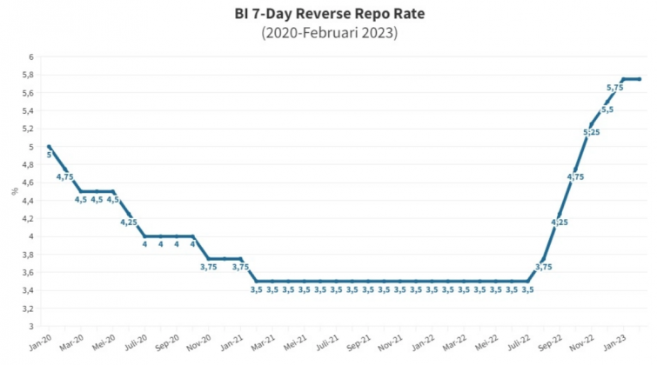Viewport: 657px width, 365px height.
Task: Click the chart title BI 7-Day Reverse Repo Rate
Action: point(329,15)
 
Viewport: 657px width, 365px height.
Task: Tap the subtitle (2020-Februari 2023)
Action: point(329,34)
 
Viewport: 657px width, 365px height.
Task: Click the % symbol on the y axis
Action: point(15,190)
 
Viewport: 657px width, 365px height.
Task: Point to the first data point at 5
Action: point(49,147)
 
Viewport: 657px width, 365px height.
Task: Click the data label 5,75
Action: point(614,87)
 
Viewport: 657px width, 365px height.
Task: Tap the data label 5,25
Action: point(590,132)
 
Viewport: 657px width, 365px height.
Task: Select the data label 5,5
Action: point(607,109)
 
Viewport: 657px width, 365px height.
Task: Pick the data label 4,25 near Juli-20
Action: point(129,222)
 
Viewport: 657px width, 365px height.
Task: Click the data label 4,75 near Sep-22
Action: point(575,177)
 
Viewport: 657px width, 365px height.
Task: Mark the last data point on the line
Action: point(640,79)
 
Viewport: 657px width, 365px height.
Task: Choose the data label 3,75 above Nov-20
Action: point(209,267)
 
